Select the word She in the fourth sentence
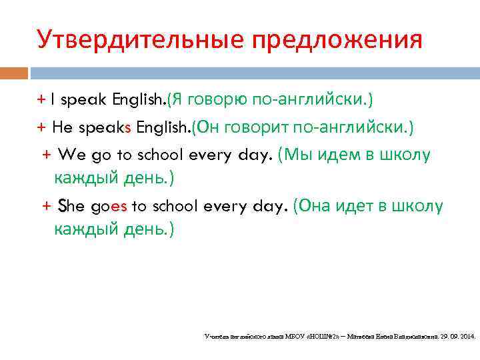click(71, 207)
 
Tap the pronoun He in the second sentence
click(62, 127)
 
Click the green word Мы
click(296, 155)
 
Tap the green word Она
click(315, 207)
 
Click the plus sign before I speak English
click(41, 100)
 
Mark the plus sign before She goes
click(47, 207)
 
